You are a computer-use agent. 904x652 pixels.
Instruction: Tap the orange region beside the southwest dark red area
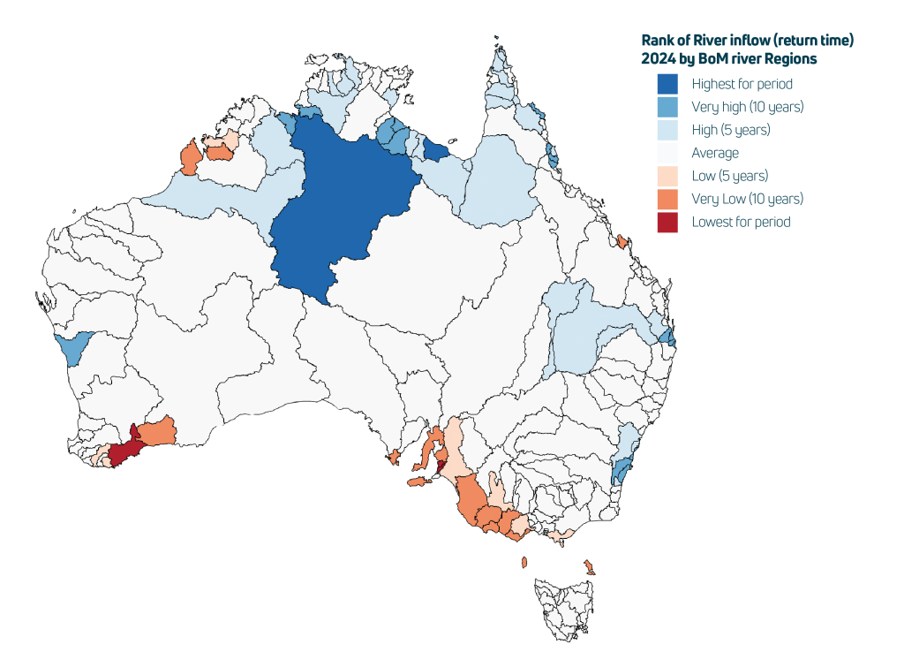tap(159, 432)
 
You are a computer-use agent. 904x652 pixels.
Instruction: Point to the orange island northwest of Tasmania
tap(524, 562)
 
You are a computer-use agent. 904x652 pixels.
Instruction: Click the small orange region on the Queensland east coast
tap(621, 241)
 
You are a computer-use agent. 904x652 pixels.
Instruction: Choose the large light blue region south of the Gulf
tap(499, 181)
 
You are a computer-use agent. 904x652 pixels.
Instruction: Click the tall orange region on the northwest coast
tap(189, 159)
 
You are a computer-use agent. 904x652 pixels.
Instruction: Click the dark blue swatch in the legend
tap(667, 84)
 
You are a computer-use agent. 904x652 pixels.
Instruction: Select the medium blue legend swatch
tap(667, 108)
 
